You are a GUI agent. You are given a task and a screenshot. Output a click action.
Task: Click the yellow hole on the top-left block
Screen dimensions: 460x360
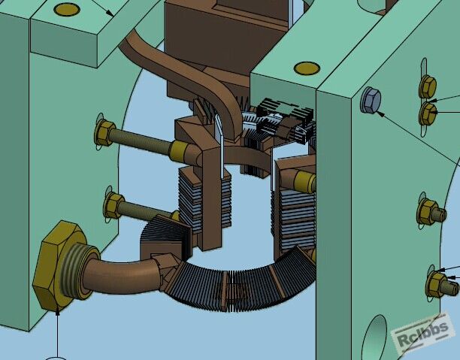[x=67, y=10]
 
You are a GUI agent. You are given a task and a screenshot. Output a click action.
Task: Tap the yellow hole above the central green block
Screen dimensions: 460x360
[x=307, y=68]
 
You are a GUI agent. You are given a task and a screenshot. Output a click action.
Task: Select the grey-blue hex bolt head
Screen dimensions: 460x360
[x=371, y=100]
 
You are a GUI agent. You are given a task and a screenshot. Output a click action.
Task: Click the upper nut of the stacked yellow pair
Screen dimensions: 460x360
[x=428, y=86]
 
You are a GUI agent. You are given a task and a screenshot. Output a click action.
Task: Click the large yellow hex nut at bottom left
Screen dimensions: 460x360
[x=59, y=265]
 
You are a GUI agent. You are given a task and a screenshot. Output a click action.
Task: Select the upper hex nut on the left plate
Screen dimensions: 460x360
[x=104, y=133]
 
